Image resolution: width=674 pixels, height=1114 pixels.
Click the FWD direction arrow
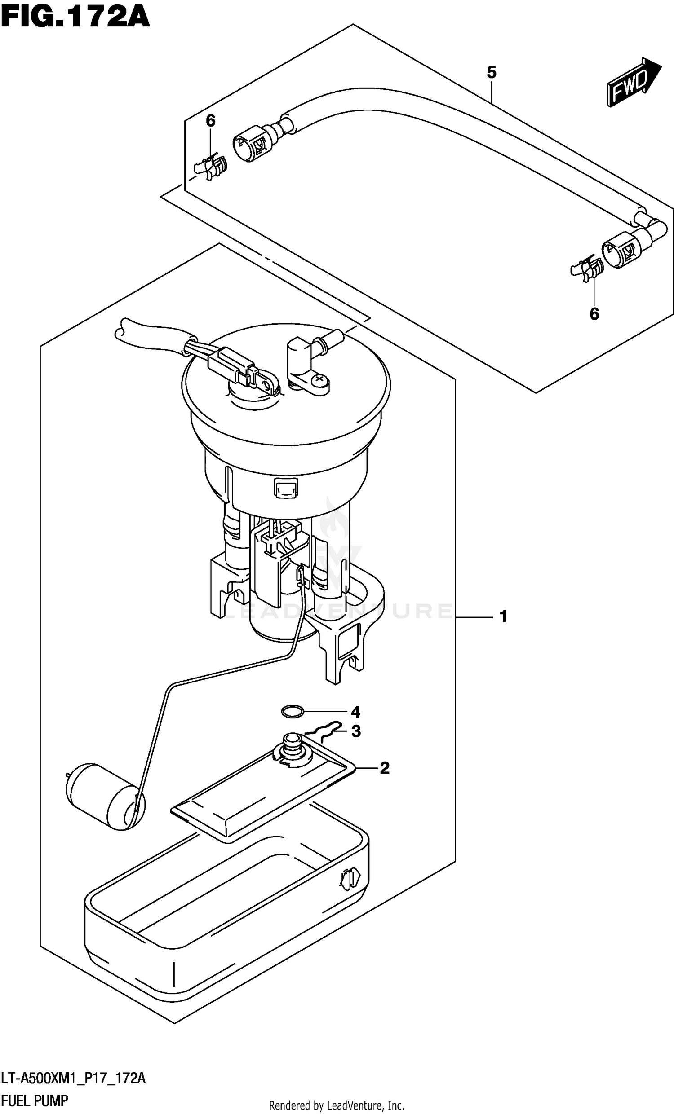tap(632, 83)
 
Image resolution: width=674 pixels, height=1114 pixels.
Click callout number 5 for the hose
tap(491, 72)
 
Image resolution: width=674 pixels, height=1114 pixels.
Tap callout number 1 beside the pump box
tap(503, 616)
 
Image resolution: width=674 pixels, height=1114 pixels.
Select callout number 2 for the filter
tap(384, 767)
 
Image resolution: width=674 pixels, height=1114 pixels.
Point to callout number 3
tap(356, 731)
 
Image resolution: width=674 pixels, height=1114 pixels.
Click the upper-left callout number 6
tap(210, 121)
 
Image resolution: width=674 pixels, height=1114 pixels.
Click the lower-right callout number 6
tap(594, 313)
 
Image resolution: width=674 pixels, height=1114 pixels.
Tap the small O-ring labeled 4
tap(292, 712)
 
